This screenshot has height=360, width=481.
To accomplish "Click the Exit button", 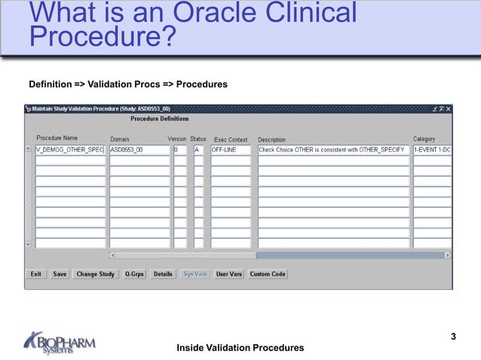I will click(35, 274).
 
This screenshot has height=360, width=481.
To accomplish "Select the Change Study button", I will click(96, 274).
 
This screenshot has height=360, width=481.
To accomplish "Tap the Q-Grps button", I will click(135, 274).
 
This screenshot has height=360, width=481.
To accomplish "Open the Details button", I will click(163, 274).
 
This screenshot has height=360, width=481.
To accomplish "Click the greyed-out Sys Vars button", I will click(195, 274).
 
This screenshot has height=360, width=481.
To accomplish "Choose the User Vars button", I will click(229, 274).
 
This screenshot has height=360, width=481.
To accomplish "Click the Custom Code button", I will click(268, 274).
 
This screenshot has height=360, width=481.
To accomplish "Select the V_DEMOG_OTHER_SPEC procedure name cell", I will click(70, 150).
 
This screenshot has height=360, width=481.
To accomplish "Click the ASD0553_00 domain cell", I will click(139, 150).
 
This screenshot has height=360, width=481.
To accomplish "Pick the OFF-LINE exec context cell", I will click(230, 150).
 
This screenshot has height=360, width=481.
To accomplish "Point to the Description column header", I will click(271, 139).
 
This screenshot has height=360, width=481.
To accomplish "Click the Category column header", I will click(424, 139).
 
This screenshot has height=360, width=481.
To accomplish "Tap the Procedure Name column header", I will click(57, 139).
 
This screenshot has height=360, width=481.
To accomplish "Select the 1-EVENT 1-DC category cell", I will click(431, 150).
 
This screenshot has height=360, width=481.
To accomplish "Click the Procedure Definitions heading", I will click(159, 119).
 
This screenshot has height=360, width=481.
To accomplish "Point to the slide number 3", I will click(453, 337).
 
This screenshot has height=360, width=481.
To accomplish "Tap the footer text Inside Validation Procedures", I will click(240, 347).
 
